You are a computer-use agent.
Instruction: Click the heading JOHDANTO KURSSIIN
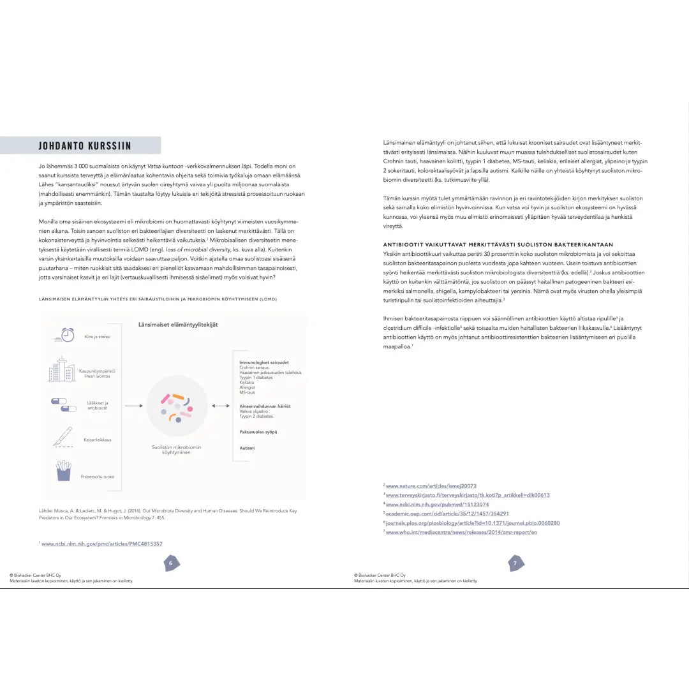[85, 145]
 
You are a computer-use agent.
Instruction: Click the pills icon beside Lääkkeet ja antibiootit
[63, 404]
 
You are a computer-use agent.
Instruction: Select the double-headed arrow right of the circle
[221, 406]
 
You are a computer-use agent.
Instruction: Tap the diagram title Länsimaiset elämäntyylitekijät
[178, 325]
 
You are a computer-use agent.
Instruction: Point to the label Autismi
[247, 448]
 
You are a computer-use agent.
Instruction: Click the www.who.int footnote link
[461, 532]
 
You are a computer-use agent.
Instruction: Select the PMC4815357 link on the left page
[102, 544]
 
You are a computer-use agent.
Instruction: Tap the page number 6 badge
[170, 563]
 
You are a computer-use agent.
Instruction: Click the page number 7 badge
[515, 563]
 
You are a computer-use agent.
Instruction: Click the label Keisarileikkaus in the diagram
[98, 440]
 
